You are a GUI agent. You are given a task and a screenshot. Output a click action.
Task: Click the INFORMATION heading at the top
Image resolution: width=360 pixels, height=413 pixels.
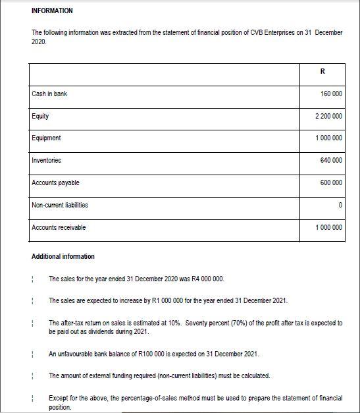[x=52, y=11]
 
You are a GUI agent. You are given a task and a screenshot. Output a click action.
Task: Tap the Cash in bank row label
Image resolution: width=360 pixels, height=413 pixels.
[x=49, y=94]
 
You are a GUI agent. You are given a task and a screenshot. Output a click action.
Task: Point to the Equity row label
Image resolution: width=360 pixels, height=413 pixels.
[x=40, y=116]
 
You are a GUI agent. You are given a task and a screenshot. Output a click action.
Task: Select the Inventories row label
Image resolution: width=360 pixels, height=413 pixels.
[x=46, y=160]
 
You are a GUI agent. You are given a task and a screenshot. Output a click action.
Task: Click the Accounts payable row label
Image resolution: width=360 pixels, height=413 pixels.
[x=55, y=182]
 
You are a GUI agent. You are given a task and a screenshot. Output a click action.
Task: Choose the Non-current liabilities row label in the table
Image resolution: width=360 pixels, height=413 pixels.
[x=60, y=205]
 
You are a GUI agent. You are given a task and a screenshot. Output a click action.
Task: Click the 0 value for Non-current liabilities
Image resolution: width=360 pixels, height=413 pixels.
[x=340, y=206]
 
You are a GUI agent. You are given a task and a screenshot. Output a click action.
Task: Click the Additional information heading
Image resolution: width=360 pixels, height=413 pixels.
[x=63, y=256]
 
